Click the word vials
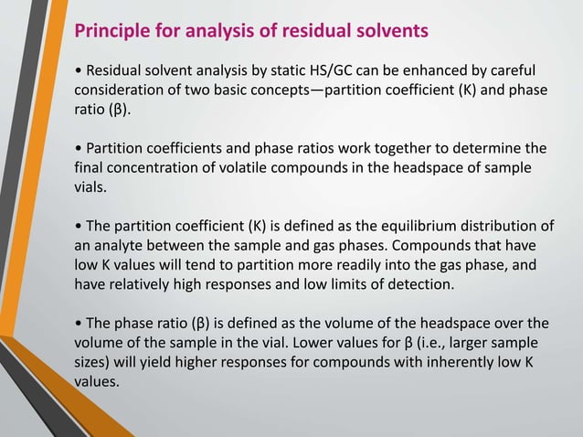(x=91, y=187)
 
